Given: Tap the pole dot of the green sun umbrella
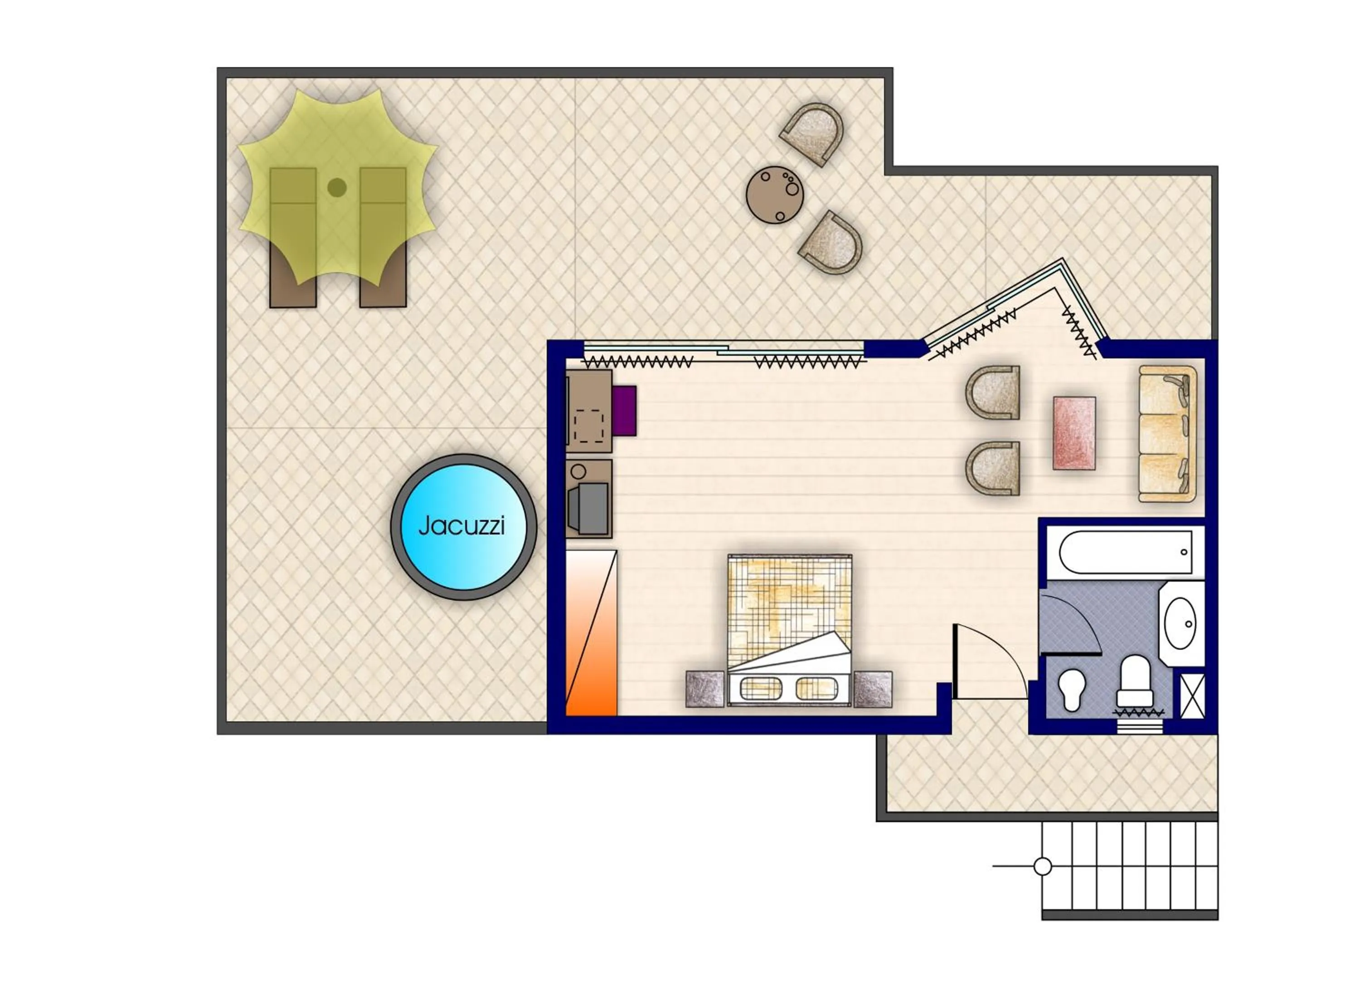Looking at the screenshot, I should [337, 188].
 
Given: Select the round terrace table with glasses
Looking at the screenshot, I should [775, 195].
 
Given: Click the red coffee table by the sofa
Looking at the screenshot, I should [1074, 433].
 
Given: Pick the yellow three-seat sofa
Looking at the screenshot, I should [1166, 434].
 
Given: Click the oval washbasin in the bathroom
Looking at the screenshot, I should [1180, 623].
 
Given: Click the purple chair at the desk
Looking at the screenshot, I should [625, 411].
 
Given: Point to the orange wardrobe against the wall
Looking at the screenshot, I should [591, 633].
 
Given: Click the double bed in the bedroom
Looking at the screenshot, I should [790, 627].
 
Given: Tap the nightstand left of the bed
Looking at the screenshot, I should [705, 689].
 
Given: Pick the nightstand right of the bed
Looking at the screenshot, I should [873, 689].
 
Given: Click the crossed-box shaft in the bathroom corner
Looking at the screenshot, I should [1193, 696].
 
